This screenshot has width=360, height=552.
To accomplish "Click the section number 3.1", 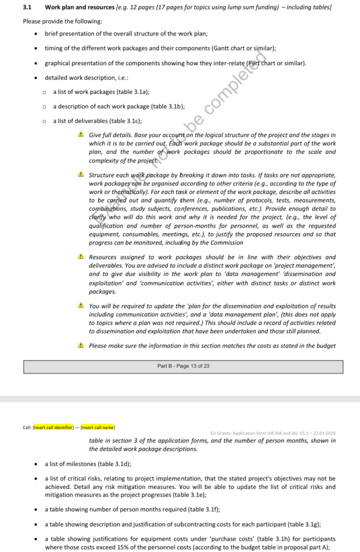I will coord(26,7).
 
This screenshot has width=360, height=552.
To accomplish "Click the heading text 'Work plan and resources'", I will coord(76,7).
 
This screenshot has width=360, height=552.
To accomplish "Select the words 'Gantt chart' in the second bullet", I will coord(222,48).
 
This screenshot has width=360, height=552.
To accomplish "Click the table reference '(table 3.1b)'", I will coord(166,106).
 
